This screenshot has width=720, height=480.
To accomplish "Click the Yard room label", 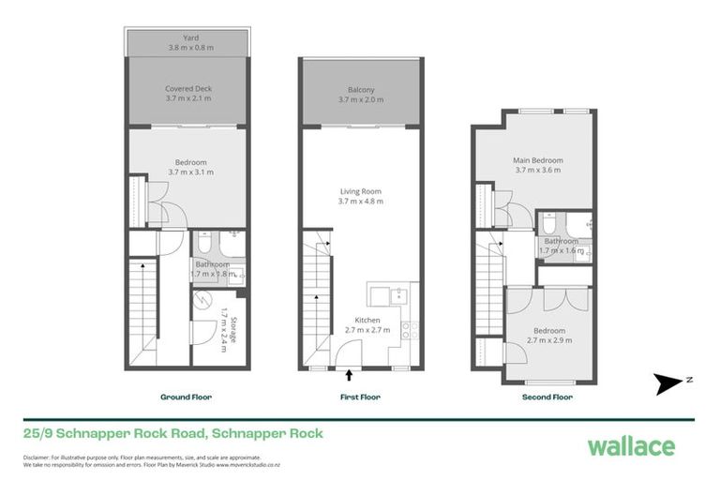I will (190, 43).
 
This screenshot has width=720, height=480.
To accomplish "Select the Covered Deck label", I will (190, 92).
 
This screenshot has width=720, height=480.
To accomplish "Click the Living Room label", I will (361, 196).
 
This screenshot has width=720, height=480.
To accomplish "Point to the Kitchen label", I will (361, 324).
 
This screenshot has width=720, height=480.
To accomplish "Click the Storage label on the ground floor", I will (227, 318).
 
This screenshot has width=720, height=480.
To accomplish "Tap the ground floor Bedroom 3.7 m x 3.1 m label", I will (190, 167).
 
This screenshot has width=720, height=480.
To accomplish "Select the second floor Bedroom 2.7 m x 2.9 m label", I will (549, 336).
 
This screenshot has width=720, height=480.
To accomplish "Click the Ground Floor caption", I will (186, 397).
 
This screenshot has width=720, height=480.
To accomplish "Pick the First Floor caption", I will (360, 397).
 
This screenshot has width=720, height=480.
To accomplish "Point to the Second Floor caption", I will (547, 397).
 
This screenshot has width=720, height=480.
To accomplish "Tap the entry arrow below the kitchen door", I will (350, 375).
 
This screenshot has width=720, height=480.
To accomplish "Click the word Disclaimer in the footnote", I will (39, 457).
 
